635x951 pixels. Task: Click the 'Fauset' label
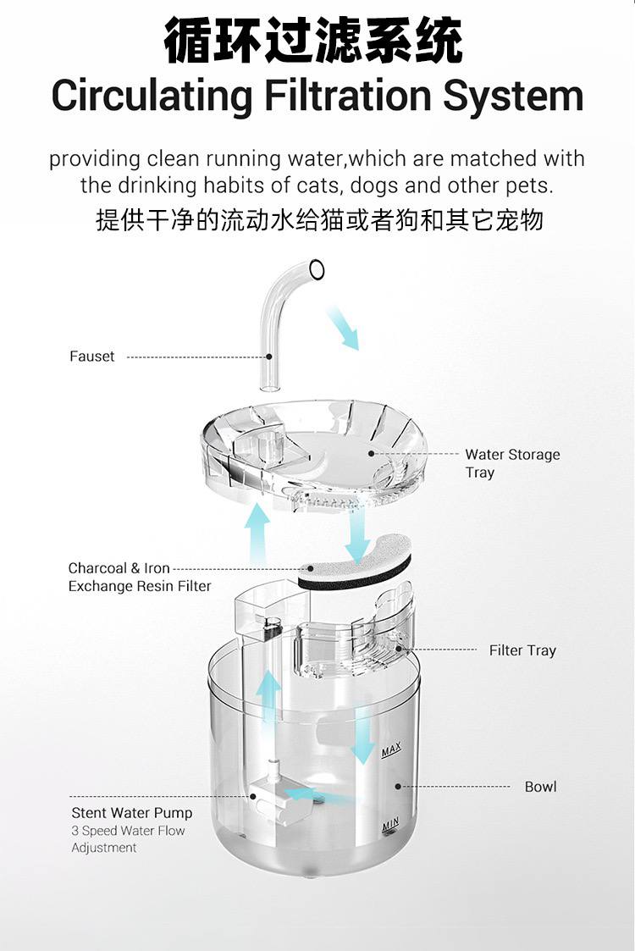(91, 357)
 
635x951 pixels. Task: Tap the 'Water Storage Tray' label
(511, 463)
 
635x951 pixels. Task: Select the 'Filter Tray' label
(522, 650)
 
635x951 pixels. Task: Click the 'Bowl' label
(540, 787)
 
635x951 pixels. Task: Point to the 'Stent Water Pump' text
(131, 813)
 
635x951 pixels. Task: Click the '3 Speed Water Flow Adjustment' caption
(127, 839)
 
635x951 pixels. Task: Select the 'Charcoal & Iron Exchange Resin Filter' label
(139, 577)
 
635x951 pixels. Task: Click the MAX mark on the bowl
(390, 751)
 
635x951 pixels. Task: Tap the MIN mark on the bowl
(390, 823)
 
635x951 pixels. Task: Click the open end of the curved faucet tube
(317, 270)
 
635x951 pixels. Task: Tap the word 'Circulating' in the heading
(151, 96)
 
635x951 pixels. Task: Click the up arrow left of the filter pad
(257, 534)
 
